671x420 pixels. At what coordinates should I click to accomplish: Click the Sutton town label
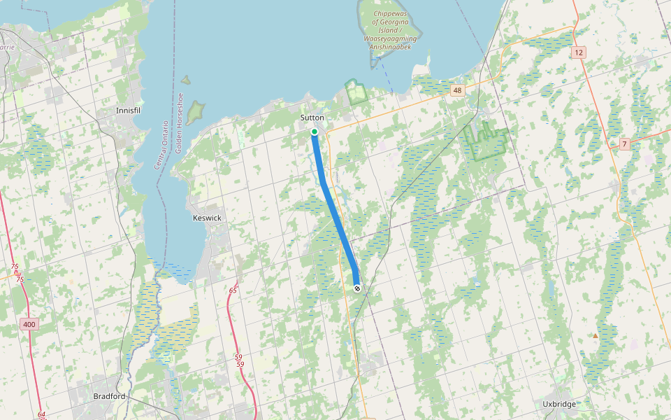[x=312, y=118]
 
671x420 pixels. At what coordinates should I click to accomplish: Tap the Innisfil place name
[x=131, y=111]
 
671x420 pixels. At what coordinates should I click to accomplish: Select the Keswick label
[x=207, y=218]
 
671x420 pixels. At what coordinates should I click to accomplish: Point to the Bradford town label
[x=109, y=396]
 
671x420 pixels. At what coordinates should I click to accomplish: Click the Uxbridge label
[x=559, y=405]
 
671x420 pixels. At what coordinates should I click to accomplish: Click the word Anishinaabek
[x=393, y=47]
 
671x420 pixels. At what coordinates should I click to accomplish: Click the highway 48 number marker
[x=457, y=90]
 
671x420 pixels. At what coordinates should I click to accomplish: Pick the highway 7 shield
[x=624, y=144]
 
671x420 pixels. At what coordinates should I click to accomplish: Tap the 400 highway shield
[x=29, y=324]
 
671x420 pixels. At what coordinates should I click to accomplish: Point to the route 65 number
[x=233, y=290]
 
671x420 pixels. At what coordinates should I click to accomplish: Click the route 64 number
[x=42, y=414]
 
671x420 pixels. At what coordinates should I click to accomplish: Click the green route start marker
[x=315, y=132]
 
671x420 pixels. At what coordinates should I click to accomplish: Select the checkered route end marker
[x=357, y=288]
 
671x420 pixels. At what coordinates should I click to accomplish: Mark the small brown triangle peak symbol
[x=596, y=336]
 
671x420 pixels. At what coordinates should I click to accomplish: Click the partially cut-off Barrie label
[x=7, y=47]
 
